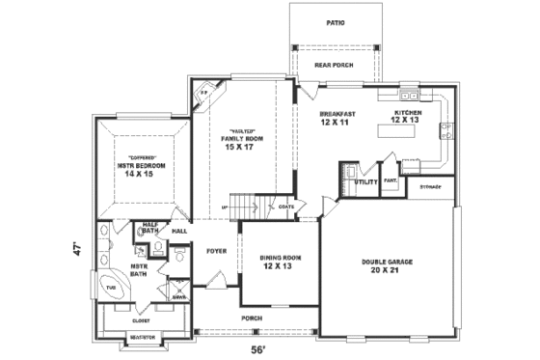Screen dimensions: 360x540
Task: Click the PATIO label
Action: (336, 22)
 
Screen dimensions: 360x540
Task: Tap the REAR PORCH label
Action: (335, 65)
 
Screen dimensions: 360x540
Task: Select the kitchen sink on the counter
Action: (411, 97)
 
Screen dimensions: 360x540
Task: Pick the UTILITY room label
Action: (365, 181)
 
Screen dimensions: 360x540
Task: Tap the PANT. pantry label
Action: (391, 180)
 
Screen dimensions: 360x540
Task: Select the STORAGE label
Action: (431, 186)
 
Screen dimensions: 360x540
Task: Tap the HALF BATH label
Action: (150, 229)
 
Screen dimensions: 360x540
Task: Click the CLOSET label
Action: (141, 320)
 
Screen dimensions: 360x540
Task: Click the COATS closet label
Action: (286, 206)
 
